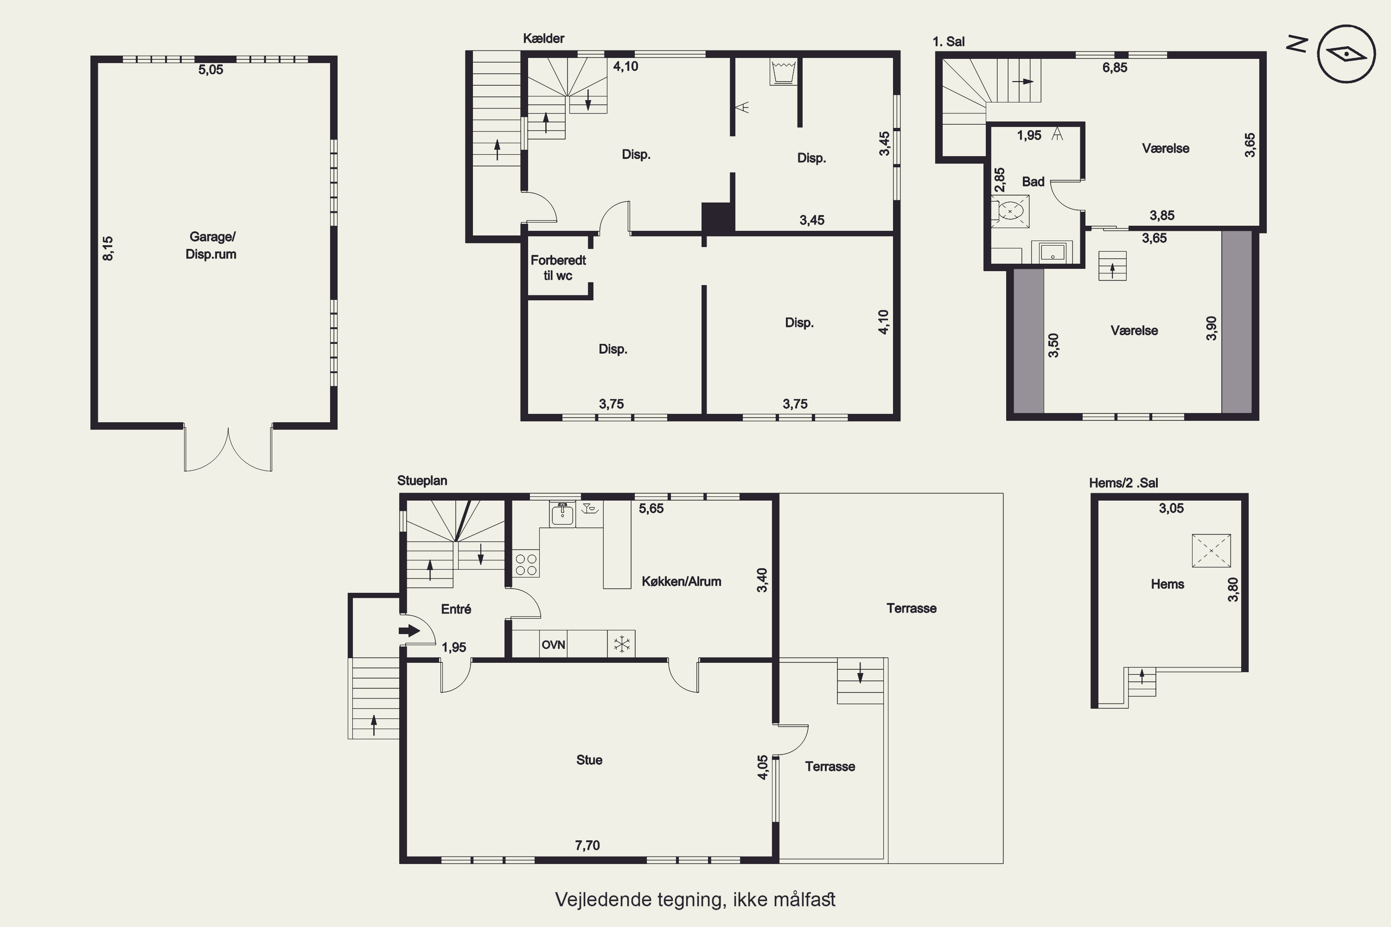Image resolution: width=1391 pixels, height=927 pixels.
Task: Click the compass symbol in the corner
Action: (x=1346, y=54)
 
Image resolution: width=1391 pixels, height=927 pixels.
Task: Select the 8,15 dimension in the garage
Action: (x=108, y=248)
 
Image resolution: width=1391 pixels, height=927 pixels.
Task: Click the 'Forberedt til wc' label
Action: (x=558, y=268)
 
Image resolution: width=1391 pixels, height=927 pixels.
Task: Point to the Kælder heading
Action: (x=543, y=38)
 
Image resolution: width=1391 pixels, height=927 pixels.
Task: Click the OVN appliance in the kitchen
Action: (x=554, y=644)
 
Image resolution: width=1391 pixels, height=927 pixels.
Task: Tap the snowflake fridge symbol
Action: (x=622, y=644)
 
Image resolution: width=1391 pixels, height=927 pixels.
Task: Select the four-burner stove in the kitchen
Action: (x=526, y=564)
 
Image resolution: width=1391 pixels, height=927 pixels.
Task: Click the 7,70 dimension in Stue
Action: (x=587, y=845)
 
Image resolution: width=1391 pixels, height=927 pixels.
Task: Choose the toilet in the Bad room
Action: (x=1010, y=210)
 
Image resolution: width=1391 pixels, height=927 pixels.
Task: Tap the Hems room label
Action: (x=1168, y=584)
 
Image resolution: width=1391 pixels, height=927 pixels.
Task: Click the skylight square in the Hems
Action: (x=1211, y=551)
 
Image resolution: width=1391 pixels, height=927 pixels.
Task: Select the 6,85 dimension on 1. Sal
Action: (x=1115, y=67)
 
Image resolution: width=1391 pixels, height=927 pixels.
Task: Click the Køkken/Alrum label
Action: (x=681, y=581)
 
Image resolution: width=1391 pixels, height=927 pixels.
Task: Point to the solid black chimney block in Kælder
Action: (x=718, y=217)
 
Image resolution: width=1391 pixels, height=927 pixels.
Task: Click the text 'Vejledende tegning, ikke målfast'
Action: (x=695, y=899)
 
